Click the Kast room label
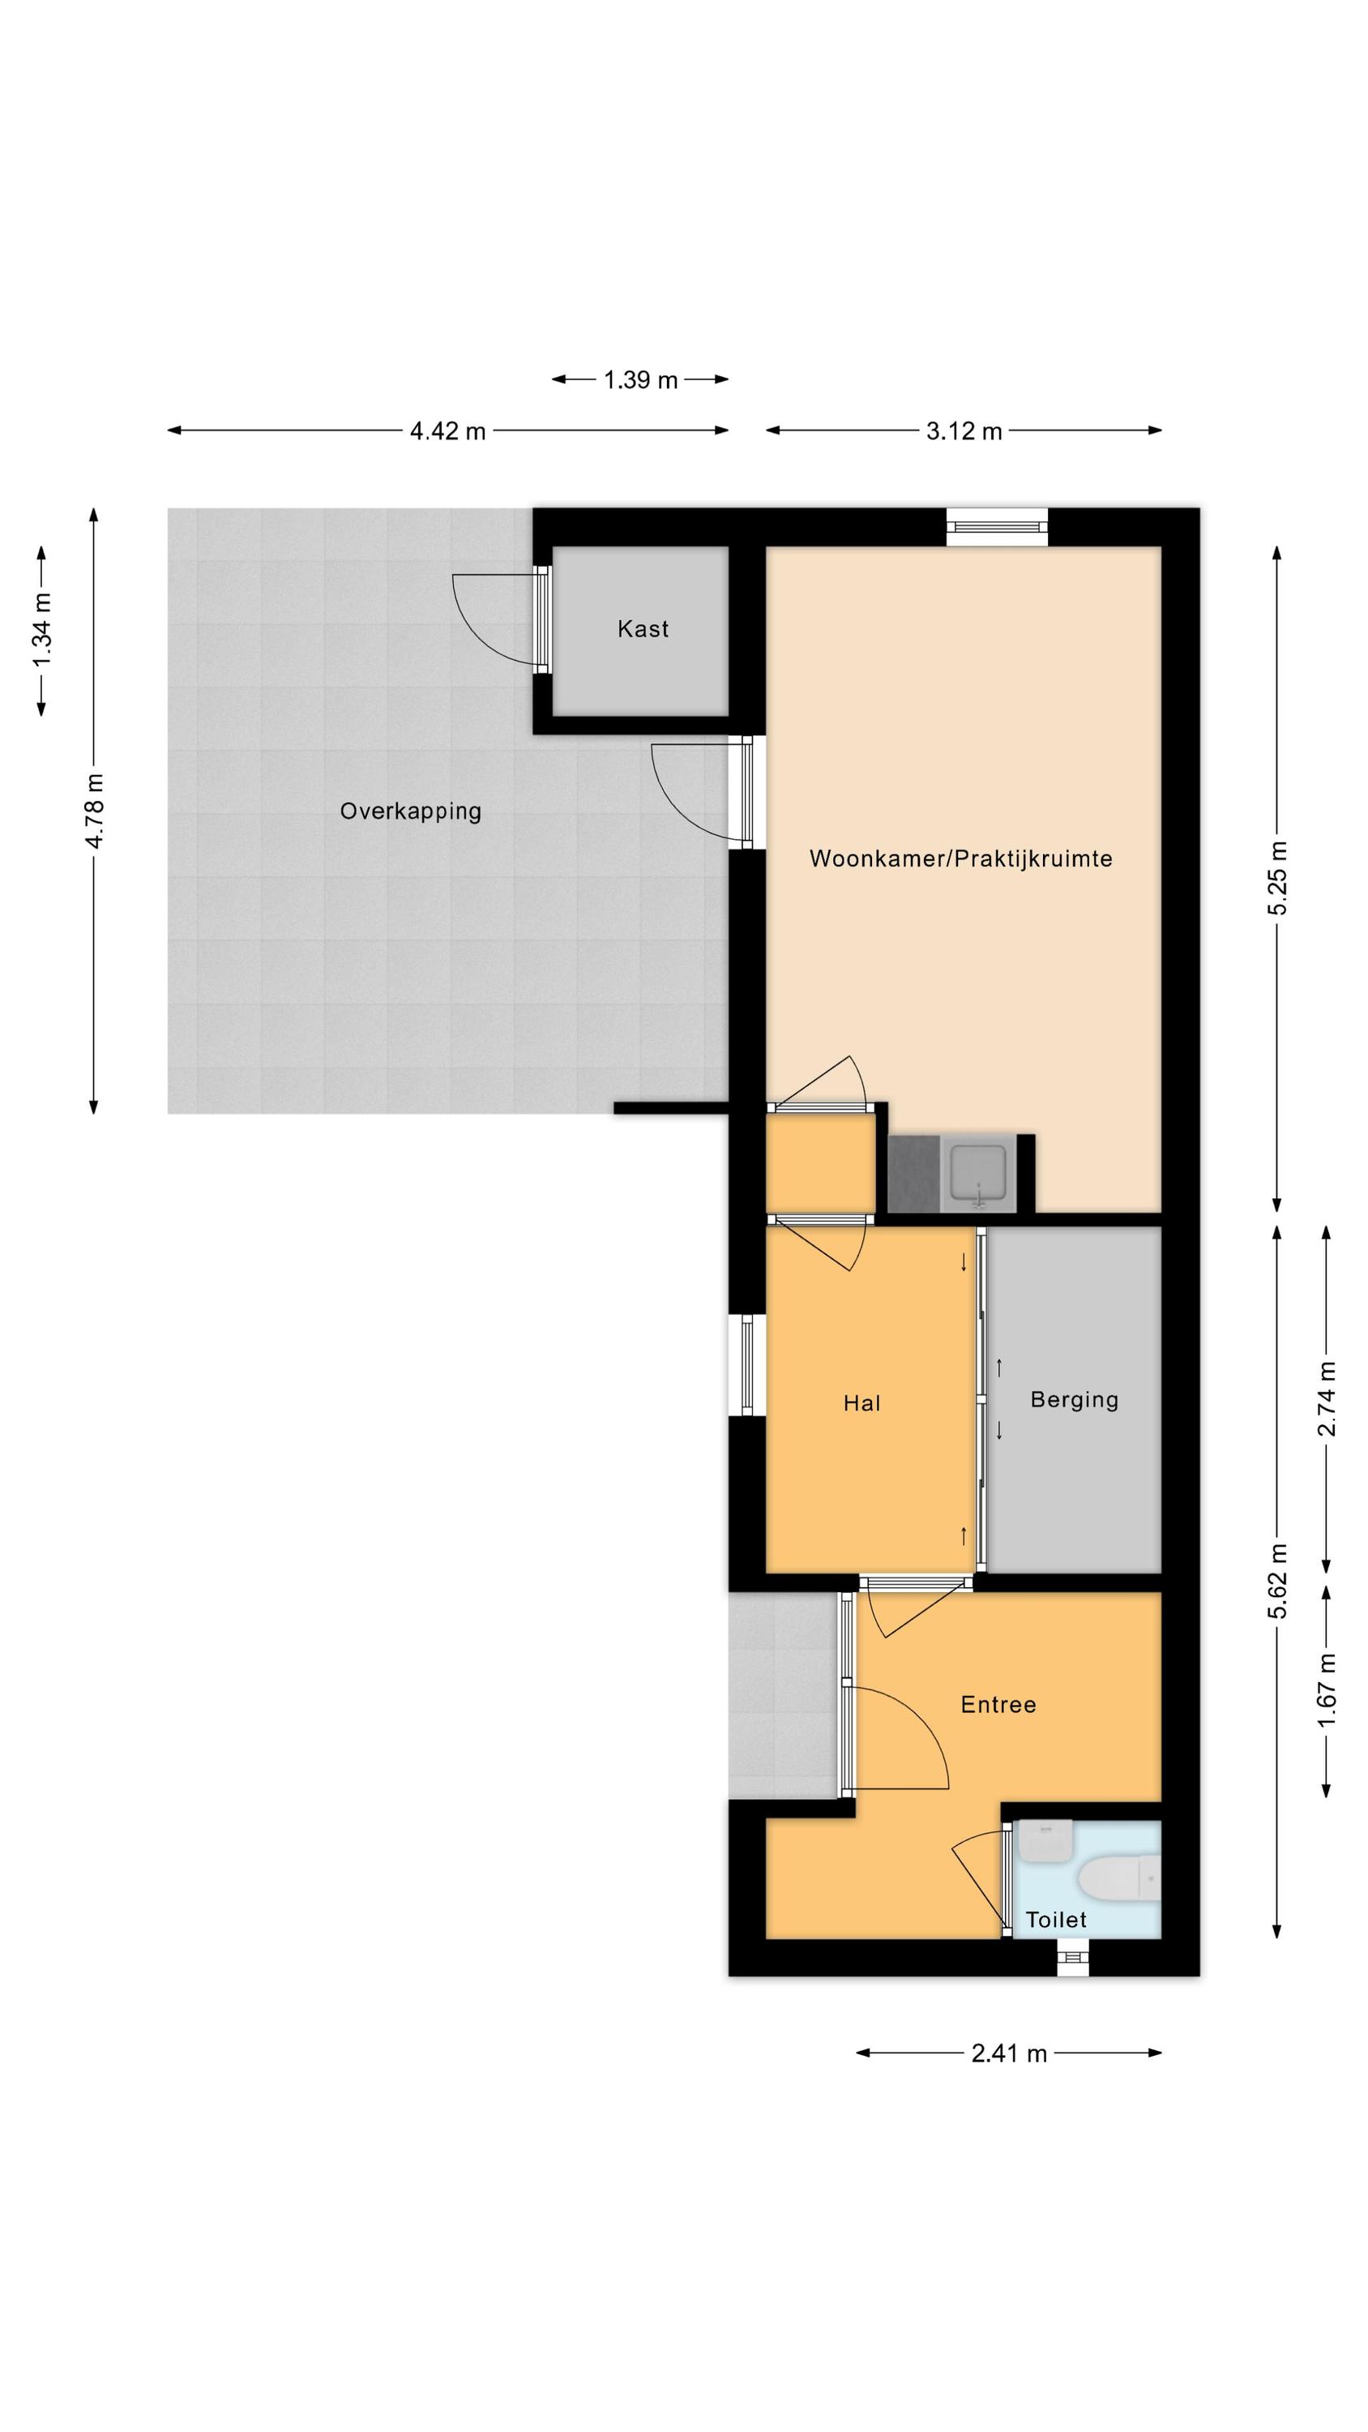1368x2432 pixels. pyautogui.click(x=643, y=629)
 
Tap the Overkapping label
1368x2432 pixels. pyautogui.click(x=411, y=811)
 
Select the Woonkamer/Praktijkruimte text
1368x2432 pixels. pyautogui.click(x=961, y=859)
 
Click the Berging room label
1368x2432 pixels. pyautogui.click(x=1075, y=1400)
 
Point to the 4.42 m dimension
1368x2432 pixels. pyautogui.click(x=447, y=431)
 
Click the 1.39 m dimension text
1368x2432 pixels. pyautogui.click(x=641, y=380)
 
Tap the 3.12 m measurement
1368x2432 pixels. pyautogui.click(x=964, y=431)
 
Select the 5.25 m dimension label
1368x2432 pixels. pyautogui.click(x=1277, y=878)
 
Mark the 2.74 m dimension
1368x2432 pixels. pyautogui.click(x=1327, y=1398)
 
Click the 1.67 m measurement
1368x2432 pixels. pyautogui.click(x=1327, y=1691)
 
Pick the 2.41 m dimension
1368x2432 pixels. pyautogui.click(x=1009, y=2054)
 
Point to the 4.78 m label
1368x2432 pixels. pyautogui.click(x=94, y=811)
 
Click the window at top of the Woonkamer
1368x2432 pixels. pyautogui.click(x=998, y=527)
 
